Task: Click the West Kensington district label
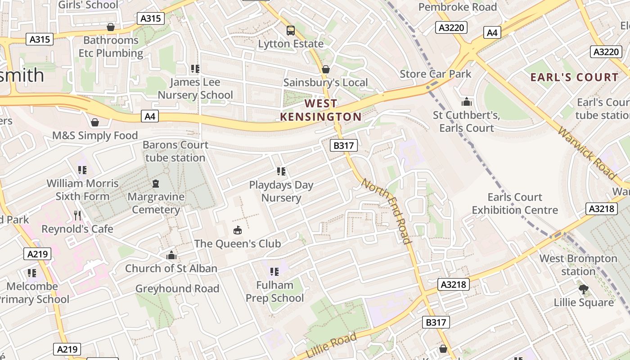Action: (x=320, y=110)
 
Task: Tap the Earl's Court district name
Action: (x=574, y=77)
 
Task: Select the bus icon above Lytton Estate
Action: (x=291, y=31)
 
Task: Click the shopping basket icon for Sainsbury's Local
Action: (x=325, y=69)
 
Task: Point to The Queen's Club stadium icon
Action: (x=237, y=230)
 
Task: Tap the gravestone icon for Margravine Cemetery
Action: (x=156, y=184)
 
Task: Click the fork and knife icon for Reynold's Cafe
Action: (x=77, y=216)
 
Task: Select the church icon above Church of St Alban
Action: (x=171, y=255)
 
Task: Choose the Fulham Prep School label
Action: (x=274, y=292)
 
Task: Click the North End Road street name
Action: (x=387, y=211)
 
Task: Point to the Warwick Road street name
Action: (x=586, y=153)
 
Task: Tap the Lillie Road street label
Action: (x=331, y=345)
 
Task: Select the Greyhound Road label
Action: (x=177, y=288)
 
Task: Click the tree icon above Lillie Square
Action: (x=583, y=289)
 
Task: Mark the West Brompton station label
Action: (x=578, y=265)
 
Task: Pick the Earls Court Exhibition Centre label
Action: (x=515, y=203)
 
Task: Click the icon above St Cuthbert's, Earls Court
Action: (x=466, y=102)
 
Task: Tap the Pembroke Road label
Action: (x=457, y=7)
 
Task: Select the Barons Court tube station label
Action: (x=175, y=151)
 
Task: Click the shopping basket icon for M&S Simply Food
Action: (x=95, y=122)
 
